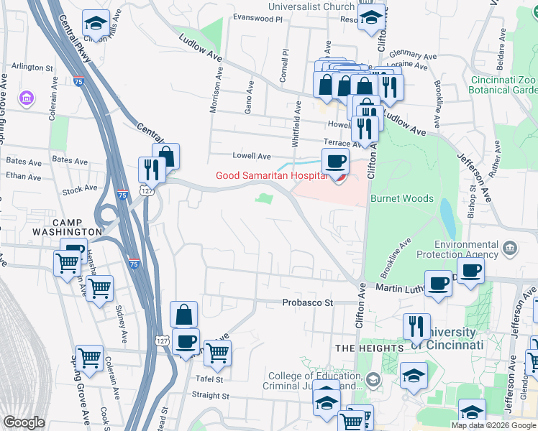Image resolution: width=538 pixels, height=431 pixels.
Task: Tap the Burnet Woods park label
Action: click(401, 198)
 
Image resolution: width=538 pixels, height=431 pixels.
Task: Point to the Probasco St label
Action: click(308, 302)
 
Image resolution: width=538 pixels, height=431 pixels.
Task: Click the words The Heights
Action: click(369, 348)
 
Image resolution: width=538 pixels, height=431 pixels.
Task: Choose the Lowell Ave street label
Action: click(251, 155)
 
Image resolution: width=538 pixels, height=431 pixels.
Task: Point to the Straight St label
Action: click(210, 395)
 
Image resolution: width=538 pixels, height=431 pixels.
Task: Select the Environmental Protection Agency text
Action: click(466, 249)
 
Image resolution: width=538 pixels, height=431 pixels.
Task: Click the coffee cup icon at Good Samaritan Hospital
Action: click(335, 162)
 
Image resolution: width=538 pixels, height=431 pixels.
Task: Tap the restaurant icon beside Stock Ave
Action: click(152, 169)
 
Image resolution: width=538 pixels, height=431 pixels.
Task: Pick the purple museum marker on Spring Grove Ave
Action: click(27, 97)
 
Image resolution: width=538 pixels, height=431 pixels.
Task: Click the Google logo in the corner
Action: click(24, 422)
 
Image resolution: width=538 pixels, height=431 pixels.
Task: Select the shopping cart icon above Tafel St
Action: click(216, 352)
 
